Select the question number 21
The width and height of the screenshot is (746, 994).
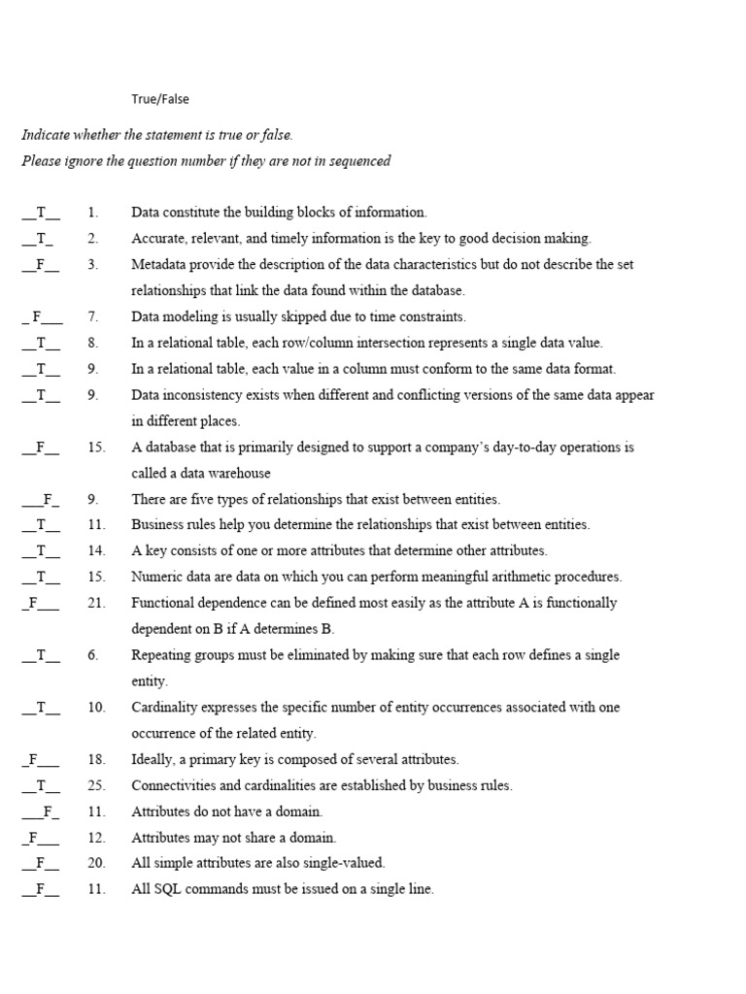coord(95,603)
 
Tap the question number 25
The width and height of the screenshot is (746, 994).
coord(95,785)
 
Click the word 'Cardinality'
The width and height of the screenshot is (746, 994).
coord(162,708)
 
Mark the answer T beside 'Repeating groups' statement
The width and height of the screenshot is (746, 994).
coord(42,655)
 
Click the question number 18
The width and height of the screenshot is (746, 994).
coord(95,759)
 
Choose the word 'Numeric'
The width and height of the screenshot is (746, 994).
coord(154,577)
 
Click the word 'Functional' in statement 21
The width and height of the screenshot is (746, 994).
coord(161,603)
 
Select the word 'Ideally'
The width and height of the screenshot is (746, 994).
coord(153,759)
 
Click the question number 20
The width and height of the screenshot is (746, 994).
coord(95,862)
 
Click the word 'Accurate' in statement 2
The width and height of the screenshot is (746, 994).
coord(157,238)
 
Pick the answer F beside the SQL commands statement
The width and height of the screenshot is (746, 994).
coord(41,889)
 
